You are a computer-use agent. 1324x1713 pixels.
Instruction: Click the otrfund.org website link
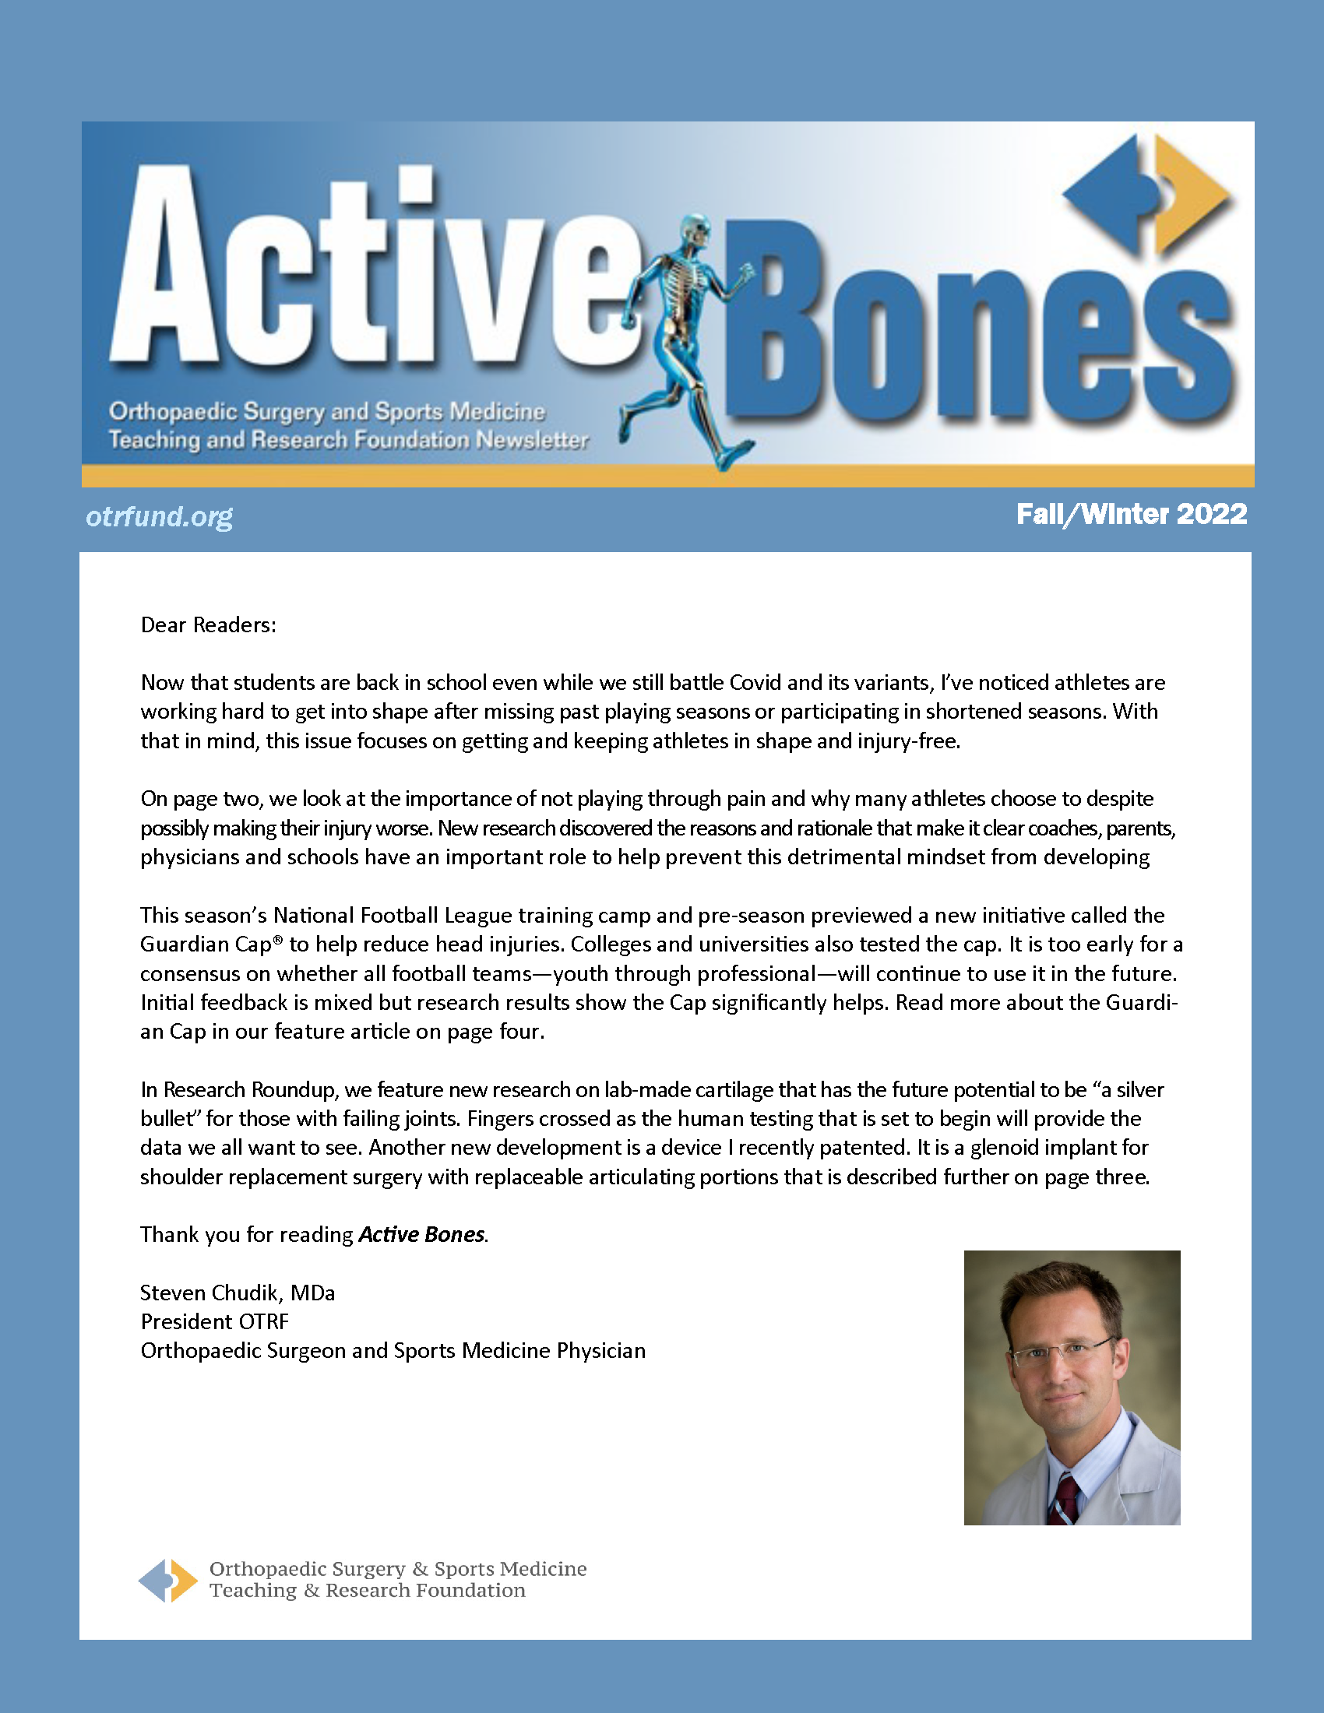(159, 516)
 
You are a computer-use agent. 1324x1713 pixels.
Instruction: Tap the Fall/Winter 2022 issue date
(1131, 515)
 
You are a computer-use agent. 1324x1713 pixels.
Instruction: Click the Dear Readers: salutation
(209, 625)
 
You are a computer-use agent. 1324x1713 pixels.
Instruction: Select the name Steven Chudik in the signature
(212, 1293)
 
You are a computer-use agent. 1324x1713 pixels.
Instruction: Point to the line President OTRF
(215, 1321)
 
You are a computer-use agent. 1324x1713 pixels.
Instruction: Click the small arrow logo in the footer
(168, 1580)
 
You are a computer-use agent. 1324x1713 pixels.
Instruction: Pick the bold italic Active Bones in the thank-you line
(422, 1235)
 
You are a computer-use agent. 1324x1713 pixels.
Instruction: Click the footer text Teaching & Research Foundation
(367, 1591)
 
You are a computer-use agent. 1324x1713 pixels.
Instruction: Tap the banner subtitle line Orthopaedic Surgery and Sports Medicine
(327, 411)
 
